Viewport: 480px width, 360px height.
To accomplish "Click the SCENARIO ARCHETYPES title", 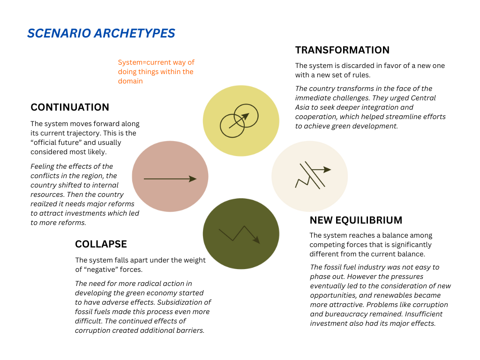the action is click(x=101, y=33).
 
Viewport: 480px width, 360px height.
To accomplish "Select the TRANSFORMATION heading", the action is click(x=342, y=50).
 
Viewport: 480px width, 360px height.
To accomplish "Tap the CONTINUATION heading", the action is click(x=70, y=107).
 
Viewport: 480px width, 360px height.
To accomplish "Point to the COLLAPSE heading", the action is click(x=101, y=244).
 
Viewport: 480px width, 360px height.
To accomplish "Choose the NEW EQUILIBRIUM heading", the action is click(x=356, y=220).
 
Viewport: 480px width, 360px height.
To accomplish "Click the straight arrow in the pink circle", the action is click(x=170, y=179).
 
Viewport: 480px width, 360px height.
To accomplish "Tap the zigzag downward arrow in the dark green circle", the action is click(x=240, y=235).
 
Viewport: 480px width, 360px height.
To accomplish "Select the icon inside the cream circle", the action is click(x=313, y=175).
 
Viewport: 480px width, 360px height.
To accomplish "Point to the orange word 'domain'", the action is click(x=130, y=81).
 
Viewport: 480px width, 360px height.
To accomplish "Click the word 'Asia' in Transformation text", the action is click(x=302, y=107).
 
